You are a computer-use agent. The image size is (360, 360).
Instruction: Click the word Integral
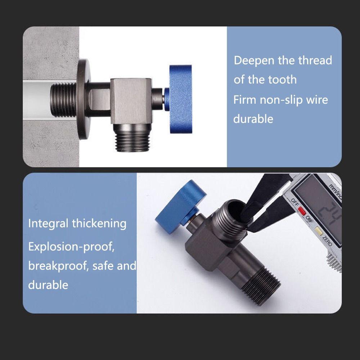coord(48,224)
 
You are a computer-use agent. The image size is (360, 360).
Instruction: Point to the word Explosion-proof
coord(72,247)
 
